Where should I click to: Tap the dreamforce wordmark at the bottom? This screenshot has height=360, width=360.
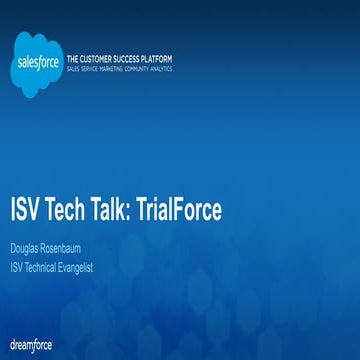pos(31,344)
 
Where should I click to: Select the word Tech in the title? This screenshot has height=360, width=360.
pos(83,211)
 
